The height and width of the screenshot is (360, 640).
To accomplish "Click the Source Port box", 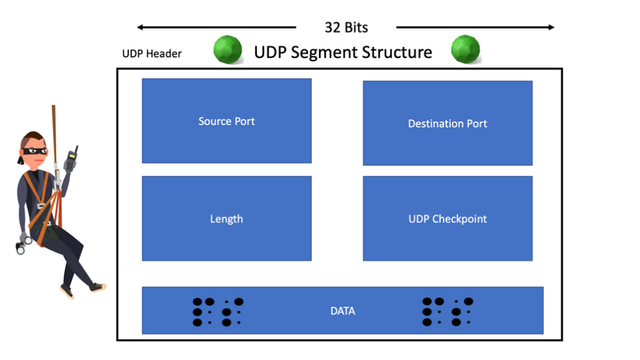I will pos(227,121).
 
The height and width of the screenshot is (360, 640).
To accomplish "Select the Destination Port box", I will pos(447,123).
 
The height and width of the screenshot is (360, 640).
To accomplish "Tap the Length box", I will pos(227,219).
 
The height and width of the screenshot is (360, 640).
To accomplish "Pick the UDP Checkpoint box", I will pos(447,219).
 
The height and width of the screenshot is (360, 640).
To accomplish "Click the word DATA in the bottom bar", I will pos(343,311).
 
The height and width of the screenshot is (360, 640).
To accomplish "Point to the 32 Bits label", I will pos(346,27).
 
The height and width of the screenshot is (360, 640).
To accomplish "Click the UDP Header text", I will pos(151,54).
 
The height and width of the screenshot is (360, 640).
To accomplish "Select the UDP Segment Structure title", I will pos(343,52).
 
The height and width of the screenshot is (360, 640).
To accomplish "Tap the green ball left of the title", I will pos(228,49).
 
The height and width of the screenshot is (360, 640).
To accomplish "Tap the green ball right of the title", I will pos(466,49).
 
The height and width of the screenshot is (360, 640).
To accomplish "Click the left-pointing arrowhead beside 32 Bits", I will pos(141,27).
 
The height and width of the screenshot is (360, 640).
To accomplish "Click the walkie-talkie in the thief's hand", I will pos(71,159).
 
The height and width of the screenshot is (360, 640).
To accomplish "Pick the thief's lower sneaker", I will pos(67,291).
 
